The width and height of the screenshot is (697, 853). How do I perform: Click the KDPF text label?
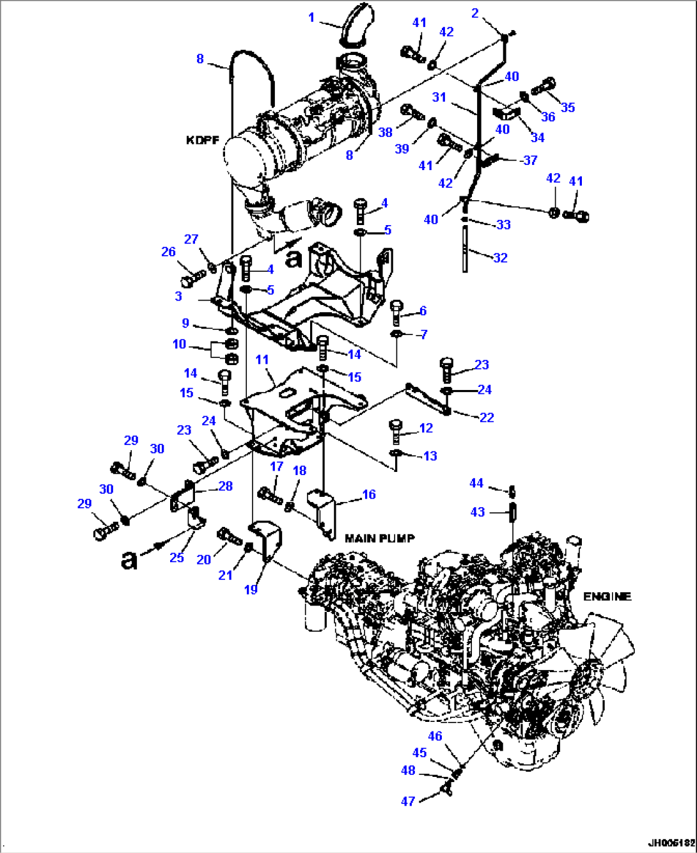[203, 140]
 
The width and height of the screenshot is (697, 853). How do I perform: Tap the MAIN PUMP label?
[380, 538]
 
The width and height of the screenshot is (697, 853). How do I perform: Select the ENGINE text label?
[607, 596]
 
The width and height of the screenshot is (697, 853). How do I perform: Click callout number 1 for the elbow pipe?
[311, 17]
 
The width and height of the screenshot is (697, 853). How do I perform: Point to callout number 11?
[262, 359]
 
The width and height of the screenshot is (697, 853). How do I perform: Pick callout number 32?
[500, 258]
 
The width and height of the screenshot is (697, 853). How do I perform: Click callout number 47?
[408, 801]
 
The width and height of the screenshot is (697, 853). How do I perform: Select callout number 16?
[369, 494]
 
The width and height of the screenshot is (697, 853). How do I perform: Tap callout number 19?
[251, 589]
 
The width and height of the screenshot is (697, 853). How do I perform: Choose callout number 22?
[487, 418]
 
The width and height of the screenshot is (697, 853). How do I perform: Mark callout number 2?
[475, 13]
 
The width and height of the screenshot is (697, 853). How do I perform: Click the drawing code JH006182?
[670, 843]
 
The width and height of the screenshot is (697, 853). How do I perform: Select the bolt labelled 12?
[396, 431]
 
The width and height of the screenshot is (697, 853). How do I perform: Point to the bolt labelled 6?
[396, 311]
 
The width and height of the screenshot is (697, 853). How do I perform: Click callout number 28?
[225, 486]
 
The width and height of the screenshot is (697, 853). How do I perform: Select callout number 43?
[478, 512]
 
